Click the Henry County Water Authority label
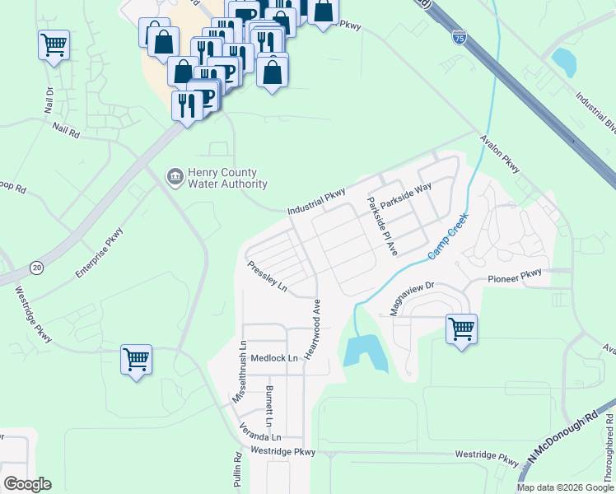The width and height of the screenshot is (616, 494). pos(222,178)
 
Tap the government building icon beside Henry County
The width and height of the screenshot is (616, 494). pos(175,176)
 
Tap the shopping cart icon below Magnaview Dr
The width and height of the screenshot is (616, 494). pos(461,329)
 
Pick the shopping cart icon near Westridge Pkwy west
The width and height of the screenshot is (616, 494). pos(136,359)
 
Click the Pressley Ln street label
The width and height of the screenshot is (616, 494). pos(267,276)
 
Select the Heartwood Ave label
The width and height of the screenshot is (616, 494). pos(314,328)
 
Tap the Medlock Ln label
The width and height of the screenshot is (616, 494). pos(273,358)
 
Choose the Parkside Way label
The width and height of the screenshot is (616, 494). pos(411,198)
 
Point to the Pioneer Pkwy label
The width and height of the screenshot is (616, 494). pos(515,276)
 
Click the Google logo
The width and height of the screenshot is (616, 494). pos(27,484)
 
